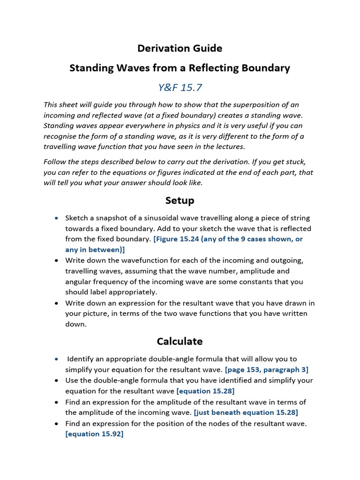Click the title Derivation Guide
point(180,48)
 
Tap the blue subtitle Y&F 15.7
point(180,87)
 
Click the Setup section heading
point(180,201)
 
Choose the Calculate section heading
point(180,341)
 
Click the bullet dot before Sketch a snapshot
point(57,218)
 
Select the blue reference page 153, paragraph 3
point(267,369)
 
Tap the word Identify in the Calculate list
point(82,359)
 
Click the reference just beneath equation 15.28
point(246,412)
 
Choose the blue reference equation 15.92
point(94,434)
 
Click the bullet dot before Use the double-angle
point(57,381)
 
